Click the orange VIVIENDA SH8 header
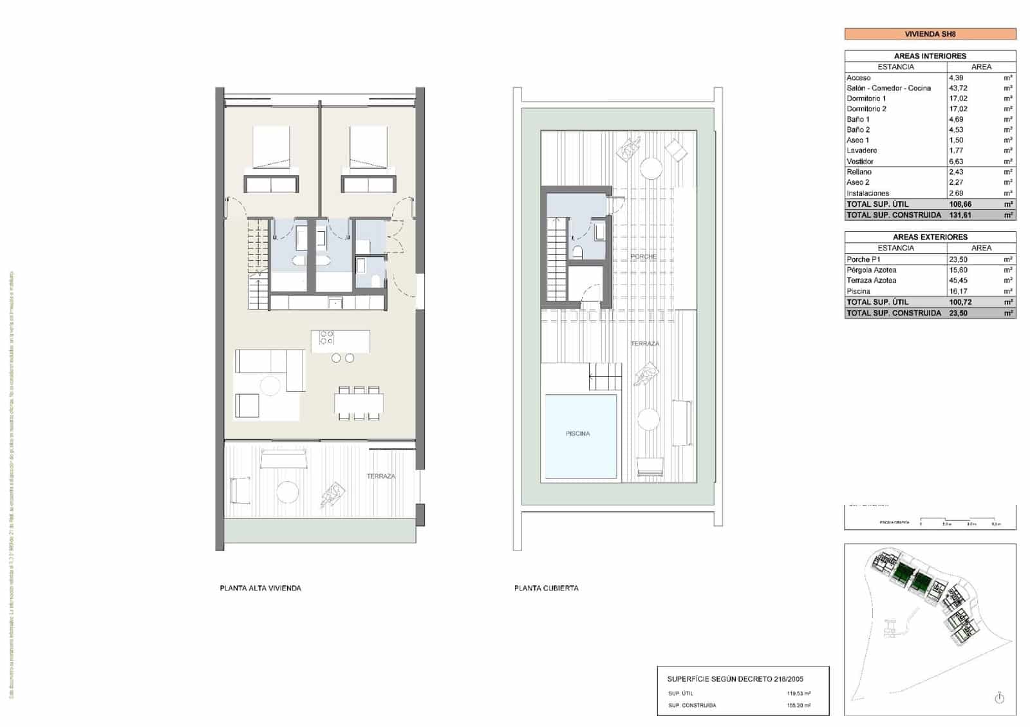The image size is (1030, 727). click(x=930, y=34)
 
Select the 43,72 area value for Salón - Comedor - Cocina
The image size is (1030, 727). click(x=958, y=88)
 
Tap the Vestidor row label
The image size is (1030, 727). click(x=860, y=162)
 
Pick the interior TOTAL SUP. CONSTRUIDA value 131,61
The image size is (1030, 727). click(x=960, y=215)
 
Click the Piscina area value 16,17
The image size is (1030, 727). click(x=958, y=291)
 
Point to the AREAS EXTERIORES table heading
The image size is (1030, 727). click(x=930, y=237)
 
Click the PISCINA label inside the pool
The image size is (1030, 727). click(x=577, y=433)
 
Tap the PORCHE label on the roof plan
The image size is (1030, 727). click(x=643, y=256)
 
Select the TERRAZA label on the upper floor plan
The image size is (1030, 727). click(x=380, y=476)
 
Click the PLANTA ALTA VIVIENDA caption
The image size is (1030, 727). click(x=260, y=588)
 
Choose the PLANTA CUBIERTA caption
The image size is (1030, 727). click(x=546, y=588)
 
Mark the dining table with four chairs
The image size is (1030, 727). click(x=359, y=404)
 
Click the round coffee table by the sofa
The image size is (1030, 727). click(x=270, y=386)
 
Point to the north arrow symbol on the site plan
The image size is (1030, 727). click(x=999, y=698)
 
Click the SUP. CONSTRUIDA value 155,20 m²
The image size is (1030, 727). click(x=798, y=705)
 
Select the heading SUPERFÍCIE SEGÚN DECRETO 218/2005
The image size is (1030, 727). click(x=735, y=679)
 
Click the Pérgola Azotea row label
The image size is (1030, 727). click(x=871, y=270)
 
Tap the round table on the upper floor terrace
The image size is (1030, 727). click(x=287, y=493)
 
